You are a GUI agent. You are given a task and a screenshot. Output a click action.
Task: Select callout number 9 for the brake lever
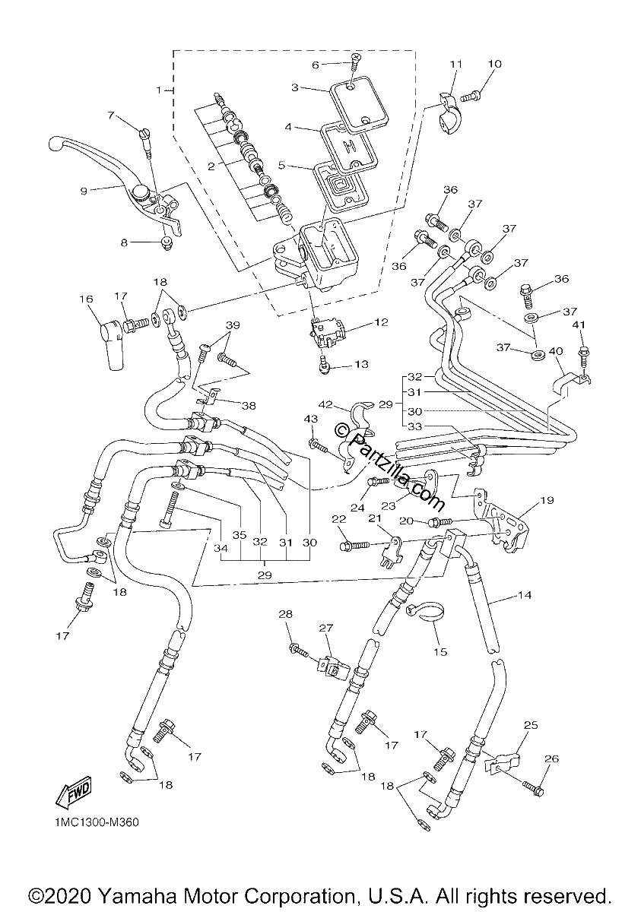pyautogui.click(x=84, y=191)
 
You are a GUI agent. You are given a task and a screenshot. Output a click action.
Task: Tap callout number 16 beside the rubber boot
pyautogui.click(x=86, y=299)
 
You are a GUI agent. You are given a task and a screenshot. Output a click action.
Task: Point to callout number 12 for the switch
pyautogui.click(x=381, y=322)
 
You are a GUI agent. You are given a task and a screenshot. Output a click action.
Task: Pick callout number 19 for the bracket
pyautogui.click(x=547, y=500)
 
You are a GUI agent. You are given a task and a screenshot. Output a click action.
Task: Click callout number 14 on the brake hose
pyautogui.click(x=525, y=595)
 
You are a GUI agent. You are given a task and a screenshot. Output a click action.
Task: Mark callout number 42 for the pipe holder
pyautogui.click(x=325, y=405)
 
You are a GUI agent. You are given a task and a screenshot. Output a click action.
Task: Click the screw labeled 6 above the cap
pyautogui.click(x=356, y=59)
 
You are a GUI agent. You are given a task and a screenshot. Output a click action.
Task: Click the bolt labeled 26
pyautogui.click(x=533, y=787)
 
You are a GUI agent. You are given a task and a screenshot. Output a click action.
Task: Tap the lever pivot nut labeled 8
pyautogui.click(x=167, y=243)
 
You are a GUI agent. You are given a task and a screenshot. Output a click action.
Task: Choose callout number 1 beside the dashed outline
pyautogui.click(x=159, y=90)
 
